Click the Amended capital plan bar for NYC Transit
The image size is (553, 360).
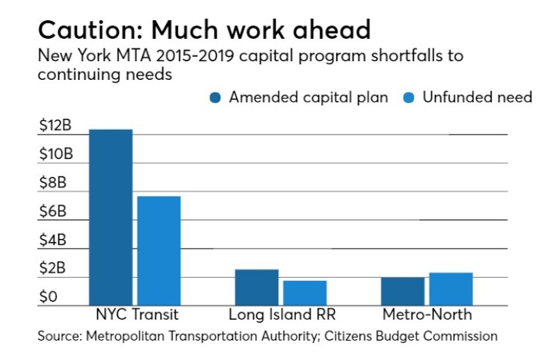[111, 217]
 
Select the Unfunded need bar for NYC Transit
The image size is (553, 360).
[159, 251]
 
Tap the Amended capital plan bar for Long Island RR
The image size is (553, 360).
[257, 288]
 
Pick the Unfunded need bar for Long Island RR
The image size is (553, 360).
[305, 293]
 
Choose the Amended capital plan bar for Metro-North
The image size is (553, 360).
[403, 291]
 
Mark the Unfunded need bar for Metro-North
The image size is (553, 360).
[451, 289]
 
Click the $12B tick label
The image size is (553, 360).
[55, 125]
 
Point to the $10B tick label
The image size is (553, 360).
[56, 154]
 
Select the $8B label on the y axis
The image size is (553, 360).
[53, 183]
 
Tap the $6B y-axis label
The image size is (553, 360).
[53, 211]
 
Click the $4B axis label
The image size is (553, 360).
[53, 240]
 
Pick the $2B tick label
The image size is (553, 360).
[52, 268]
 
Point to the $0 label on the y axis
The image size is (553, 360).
[49, 297]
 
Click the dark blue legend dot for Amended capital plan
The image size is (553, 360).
[215, 98]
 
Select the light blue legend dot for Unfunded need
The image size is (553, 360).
[409, 98]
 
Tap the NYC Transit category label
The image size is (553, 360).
[138, 314]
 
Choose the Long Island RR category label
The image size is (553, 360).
[282, 314]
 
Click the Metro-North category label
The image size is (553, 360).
[427, 314]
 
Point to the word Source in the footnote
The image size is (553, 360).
[60, 336]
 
